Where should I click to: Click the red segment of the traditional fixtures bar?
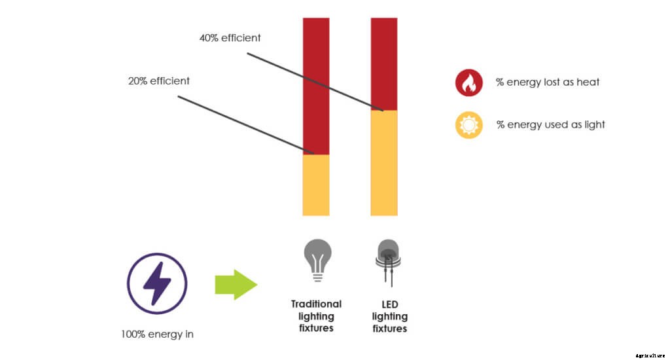point(316,85)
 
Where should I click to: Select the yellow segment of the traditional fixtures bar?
point(316,185)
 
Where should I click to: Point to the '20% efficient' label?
point(159,81)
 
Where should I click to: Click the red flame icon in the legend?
point(469,82)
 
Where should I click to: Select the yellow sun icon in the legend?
point(469,124)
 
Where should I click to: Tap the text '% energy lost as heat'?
point(548,82)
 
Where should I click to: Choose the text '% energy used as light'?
point(550,124)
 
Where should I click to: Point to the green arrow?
point(236,283)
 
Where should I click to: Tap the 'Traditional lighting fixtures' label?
point(317,315)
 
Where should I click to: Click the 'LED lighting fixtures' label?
point(390,316)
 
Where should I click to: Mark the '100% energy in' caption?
point(157,334)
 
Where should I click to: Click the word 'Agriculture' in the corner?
point(649,355)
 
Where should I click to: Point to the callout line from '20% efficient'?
point(242,126)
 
